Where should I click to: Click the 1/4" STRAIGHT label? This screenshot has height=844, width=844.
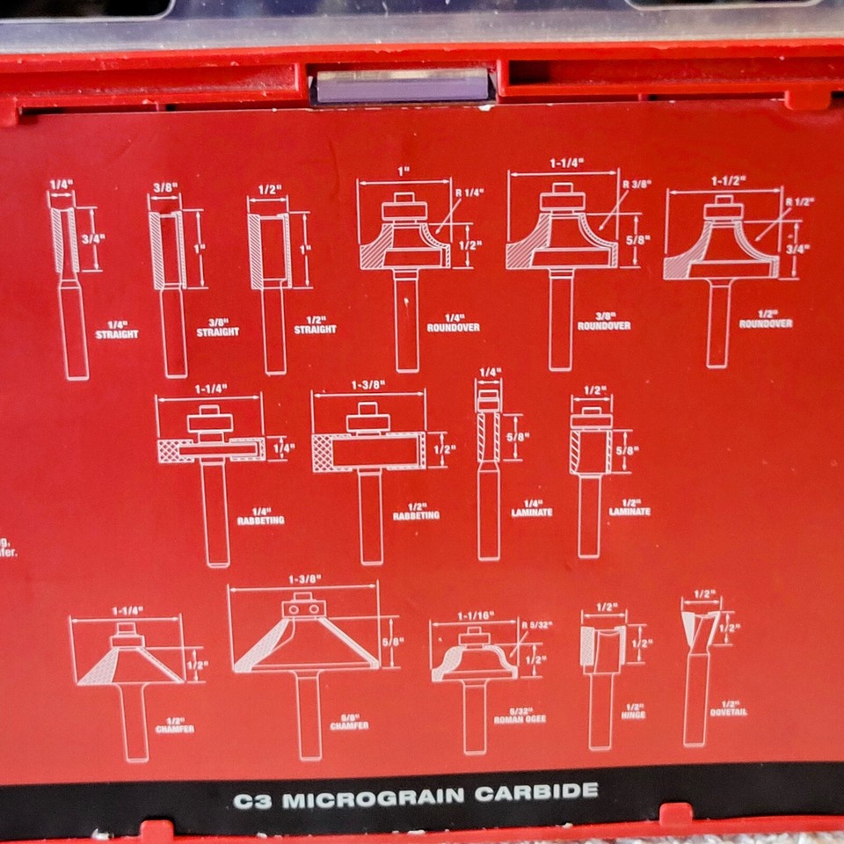click(117, 330)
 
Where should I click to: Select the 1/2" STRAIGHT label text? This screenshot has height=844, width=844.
click(315, 325)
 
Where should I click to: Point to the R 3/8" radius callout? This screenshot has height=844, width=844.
click(636, 185)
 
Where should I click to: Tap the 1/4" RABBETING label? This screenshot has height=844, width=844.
click(260, 516)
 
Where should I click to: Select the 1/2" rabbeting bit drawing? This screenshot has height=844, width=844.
click(369, 479)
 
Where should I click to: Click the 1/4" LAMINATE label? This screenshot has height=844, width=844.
click(531, 507)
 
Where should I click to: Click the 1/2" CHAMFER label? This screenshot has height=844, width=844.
click(174, 725)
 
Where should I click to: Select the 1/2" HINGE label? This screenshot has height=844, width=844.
click(633, 710)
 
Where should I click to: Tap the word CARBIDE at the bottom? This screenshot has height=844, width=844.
click(536, 793)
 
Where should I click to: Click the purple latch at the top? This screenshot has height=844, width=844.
click(402, 85)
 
